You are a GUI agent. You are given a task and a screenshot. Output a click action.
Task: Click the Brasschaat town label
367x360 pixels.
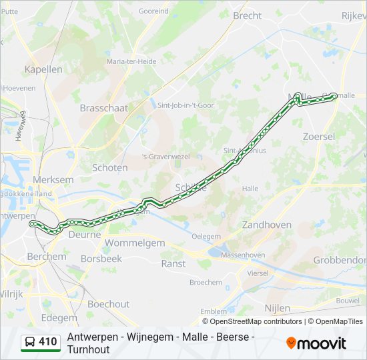(x=103, y=107)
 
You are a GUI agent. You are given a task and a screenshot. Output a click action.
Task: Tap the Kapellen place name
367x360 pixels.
(x=43, y=69)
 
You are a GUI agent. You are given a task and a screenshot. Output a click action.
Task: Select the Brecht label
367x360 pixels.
(x=247, y=15)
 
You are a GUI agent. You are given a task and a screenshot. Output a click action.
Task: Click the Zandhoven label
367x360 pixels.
(x=267, y=225)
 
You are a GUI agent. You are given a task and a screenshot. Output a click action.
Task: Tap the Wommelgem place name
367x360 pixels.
(x=135, y=243)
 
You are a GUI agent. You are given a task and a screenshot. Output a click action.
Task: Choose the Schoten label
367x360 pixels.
(x=109, y=167)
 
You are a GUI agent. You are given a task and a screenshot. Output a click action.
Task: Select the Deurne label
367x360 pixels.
(x=85, y=235)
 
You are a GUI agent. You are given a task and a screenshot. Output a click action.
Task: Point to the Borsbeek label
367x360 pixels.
(x=101, y=258)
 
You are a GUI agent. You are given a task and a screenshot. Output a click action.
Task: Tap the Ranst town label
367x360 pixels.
(x=173, y=263)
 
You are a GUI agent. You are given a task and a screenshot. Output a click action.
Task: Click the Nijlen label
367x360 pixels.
(x=277, y=308)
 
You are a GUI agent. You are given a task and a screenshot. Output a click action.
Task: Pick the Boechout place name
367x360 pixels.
(x=108, y=304)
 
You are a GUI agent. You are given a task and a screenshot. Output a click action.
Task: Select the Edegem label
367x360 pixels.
(x=59, y=318)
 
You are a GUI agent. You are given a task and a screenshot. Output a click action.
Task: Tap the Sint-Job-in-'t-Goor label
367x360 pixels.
(x=185, y=105)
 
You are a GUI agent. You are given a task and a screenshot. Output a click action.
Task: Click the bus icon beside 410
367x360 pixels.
(x=30, y=343)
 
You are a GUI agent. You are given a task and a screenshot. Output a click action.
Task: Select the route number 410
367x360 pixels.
(x=48, y=343)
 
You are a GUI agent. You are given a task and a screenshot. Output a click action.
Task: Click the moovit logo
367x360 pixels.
(x=316, y=343)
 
